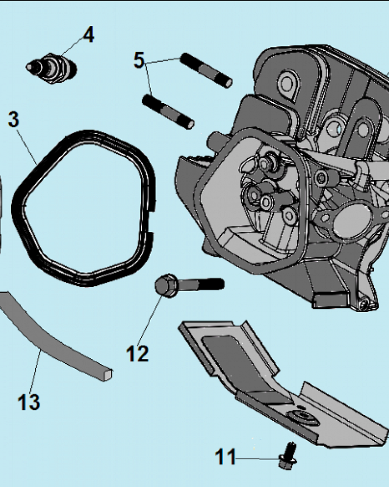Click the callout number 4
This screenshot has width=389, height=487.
pyautogui.click(x=88, y=35)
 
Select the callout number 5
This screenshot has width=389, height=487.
pyautogui.click(x=139, y=61)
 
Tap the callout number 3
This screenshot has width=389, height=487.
pyautogui.click(x=14, y=120)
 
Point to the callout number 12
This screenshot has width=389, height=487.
pyautogui.click(x=137, y=354)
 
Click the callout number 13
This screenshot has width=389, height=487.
pyautogui.click(x=29, y=402)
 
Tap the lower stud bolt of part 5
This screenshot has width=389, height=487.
pyautogui.click(x=168, y=111)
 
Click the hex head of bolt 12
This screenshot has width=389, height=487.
pyautogui.click(x=165, y=285)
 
